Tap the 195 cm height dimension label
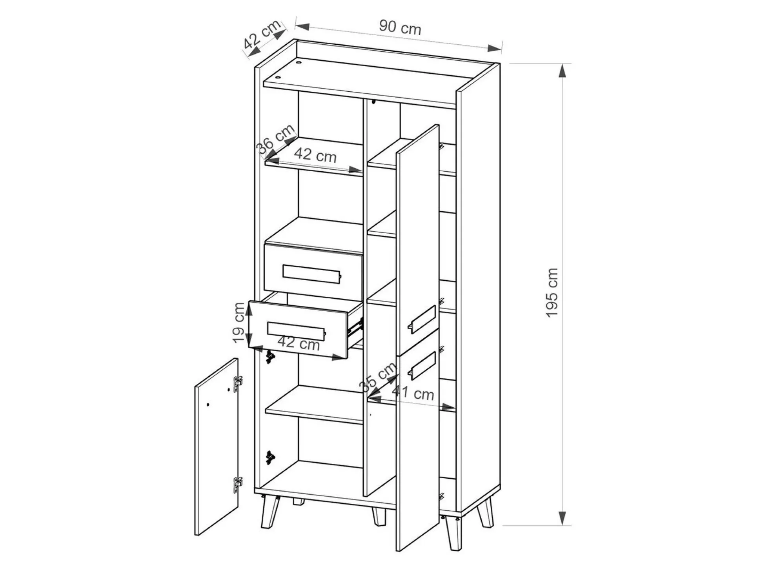[x=552, y=293]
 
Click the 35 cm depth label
[x=378, y=377]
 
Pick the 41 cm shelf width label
[x=413, y=393]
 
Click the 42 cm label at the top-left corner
[x=262, y=34]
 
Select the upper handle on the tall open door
[x=422, y=319]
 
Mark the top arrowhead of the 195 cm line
[x=562, y=71]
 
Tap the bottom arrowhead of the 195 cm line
[x=562, y=518]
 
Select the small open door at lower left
[x=217, y=447]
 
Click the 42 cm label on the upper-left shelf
[x=315, y=155]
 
